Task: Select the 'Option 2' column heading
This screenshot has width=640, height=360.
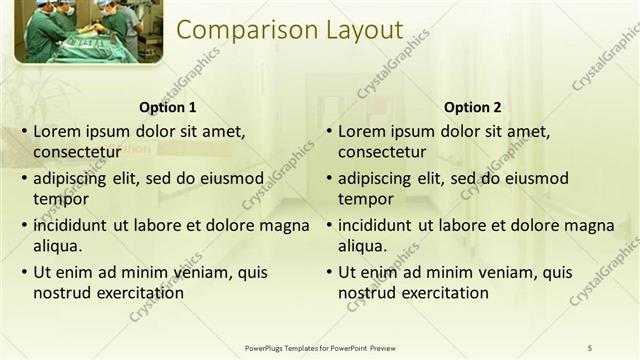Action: (472, 108)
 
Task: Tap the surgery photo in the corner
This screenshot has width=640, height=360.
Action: (87, 31)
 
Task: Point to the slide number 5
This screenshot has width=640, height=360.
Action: (590, 347)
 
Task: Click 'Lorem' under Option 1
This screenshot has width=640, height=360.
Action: (57, 131)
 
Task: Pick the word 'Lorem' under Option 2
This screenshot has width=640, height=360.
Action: (362, 131)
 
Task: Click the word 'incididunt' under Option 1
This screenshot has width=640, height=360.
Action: (72, 226)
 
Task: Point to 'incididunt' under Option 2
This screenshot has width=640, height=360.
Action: (377, 226)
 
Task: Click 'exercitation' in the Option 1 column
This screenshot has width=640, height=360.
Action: (140, 293)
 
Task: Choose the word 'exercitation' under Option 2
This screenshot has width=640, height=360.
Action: (445, 293)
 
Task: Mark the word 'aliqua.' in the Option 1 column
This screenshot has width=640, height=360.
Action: (57, 246)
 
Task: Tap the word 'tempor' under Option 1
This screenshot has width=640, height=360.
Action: (60, 200)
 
